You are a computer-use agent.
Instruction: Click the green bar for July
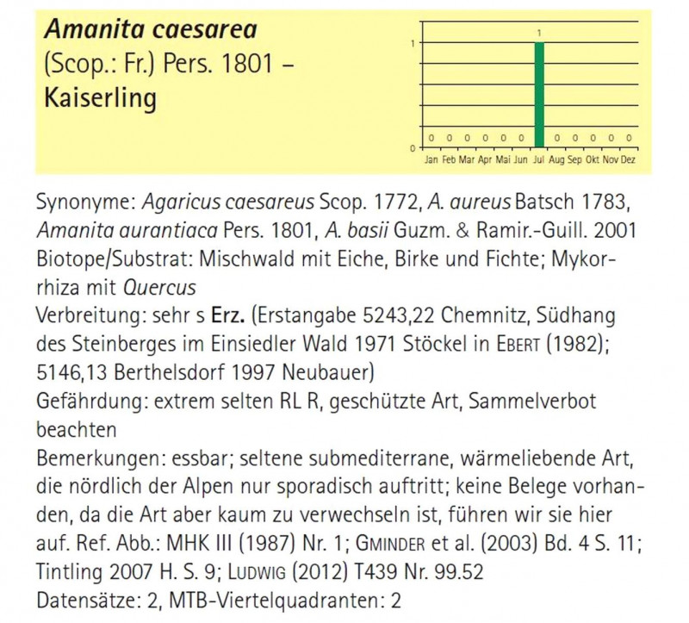[x=539, y=95]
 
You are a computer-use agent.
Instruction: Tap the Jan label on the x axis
[x=431, y=159]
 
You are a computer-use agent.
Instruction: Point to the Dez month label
[x=629, y=159]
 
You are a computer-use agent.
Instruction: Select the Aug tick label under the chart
[x=557, y=159]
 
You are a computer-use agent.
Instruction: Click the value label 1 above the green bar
[x=539, y=34]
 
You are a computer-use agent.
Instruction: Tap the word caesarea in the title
[x=202, y=30]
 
